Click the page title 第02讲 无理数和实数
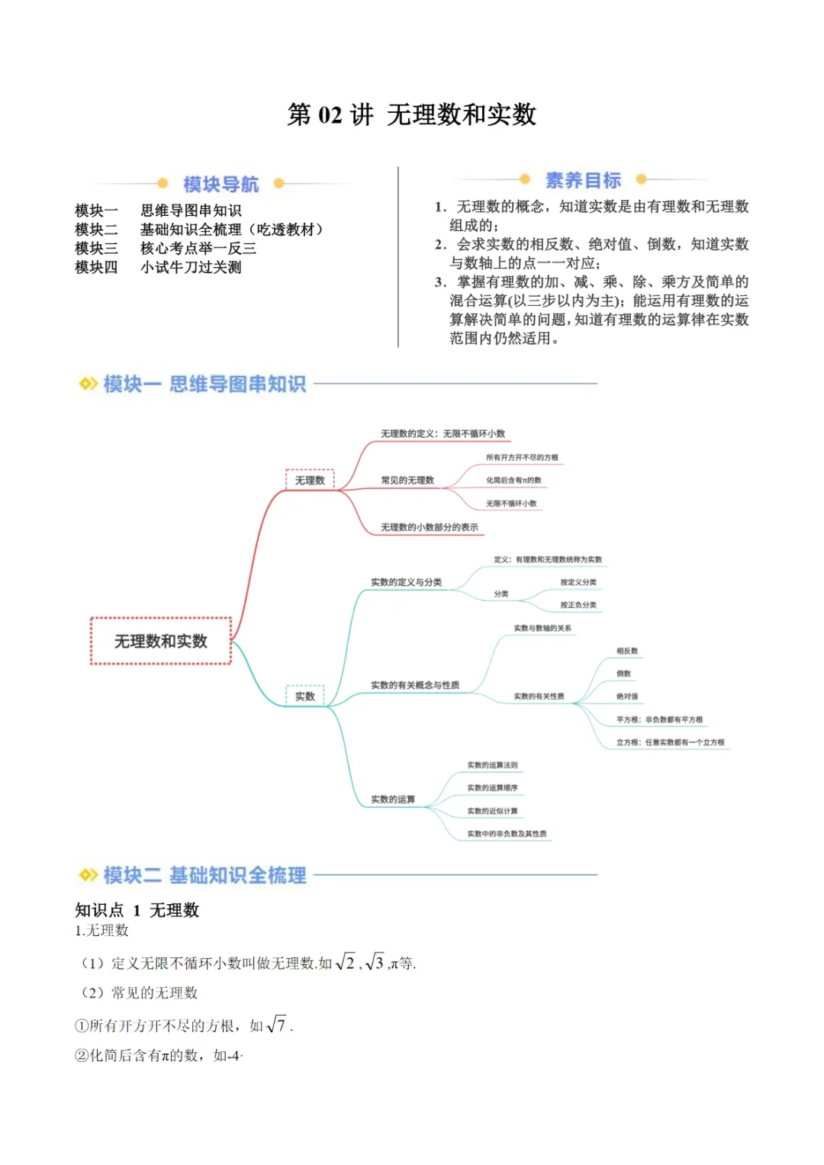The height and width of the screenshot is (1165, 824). (412, 114)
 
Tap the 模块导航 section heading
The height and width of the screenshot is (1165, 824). (220, 184)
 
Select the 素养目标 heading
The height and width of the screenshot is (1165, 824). (583, 180)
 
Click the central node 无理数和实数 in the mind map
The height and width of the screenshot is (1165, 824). (160, 641)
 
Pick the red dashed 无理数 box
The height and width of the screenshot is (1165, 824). (310, 480)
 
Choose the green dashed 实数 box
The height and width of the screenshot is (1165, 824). (305, 696)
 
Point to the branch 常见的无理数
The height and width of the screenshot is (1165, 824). (407, 480)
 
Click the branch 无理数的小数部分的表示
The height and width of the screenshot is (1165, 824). (430, 527)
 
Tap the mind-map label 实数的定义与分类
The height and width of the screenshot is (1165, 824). (406, 582)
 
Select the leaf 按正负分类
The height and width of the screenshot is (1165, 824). (578, 605)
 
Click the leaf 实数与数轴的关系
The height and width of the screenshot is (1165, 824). (542, 628)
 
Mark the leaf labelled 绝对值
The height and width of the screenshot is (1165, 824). (627, 697)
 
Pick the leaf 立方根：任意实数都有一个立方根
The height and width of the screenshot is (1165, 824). (671, 742)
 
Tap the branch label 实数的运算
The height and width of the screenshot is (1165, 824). (393, 800)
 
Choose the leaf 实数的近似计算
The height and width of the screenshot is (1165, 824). (492, 811)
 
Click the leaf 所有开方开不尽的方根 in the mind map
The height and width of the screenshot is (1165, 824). (522, 458)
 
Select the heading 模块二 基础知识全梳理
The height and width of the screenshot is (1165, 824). (204, 875)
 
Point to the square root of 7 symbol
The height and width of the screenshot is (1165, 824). (276, 1025)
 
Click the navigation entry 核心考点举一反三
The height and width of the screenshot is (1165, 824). (198, 248)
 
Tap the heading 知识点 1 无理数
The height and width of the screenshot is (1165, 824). (137, 909)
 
